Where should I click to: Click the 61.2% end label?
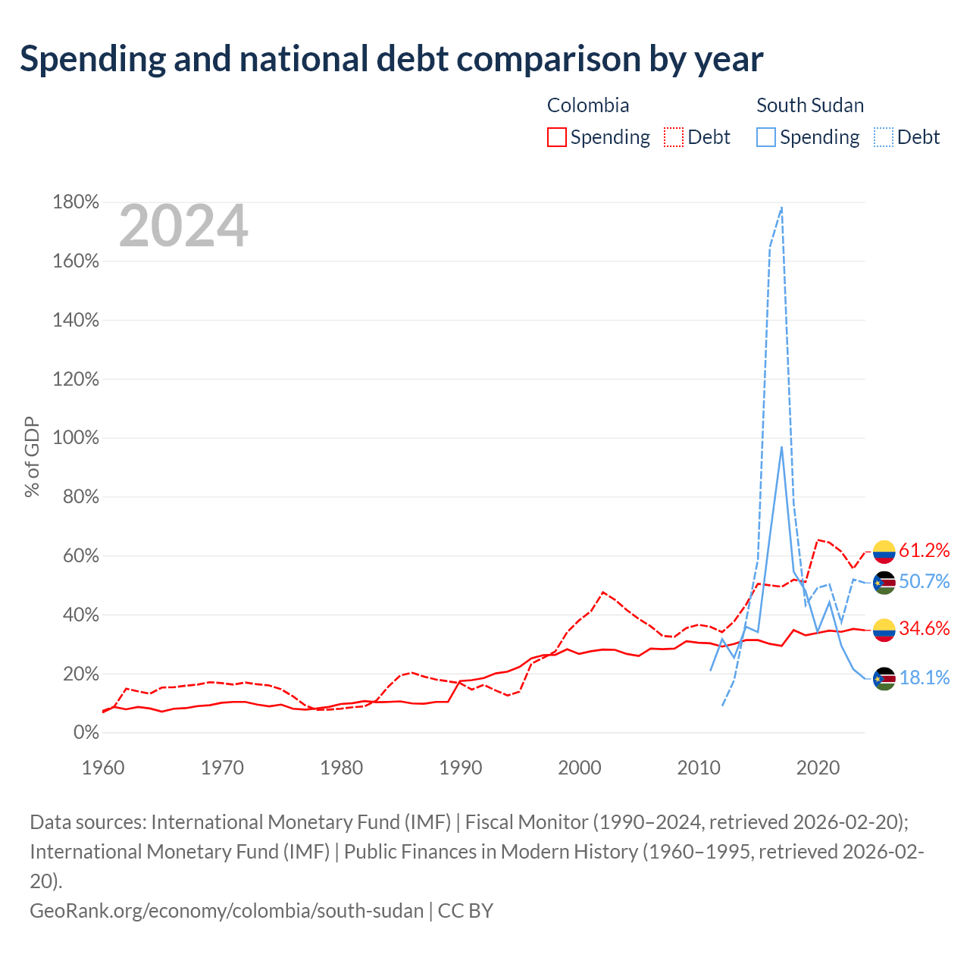click(924, 550)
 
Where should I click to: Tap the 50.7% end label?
click(924, 581)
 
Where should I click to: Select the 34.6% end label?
click(924, 628)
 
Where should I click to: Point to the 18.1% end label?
click(924, 677)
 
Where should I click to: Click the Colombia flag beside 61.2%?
click(884, 552)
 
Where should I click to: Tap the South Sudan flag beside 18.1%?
click(884, 678)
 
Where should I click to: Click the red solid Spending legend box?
click(557, 137)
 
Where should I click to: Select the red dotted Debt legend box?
click(674, 137)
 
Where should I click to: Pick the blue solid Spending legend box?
click(766, 137)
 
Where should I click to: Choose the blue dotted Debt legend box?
click(884, 137)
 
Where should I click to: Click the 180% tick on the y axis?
click(76, 202)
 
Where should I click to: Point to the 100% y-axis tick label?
click(76, 437)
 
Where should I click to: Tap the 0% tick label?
click(86, 732)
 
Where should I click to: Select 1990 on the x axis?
click(461, 768)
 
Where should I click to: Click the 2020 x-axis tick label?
click(818, 768)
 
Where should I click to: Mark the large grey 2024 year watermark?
click(183, 226)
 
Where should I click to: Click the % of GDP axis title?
click(32, 456)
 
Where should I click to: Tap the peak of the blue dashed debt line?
click(781, 207)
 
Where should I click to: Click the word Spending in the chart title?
click(92, 59)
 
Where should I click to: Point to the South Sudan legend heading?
click(810, 105)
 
